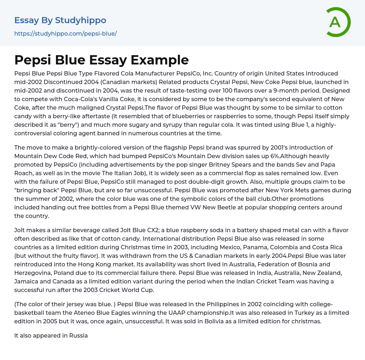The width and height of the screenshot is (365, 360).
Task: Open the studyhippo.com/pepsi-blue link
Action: (66, 34)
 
